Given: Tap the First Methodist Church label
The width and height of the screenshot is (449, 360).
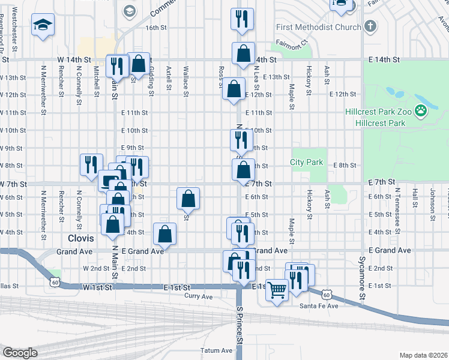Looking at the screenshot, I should pyautogui.click(x=319, y=27).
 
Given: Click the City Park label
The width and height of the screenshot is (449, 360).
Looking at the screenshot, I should pyautogui.click(x=306, y=162).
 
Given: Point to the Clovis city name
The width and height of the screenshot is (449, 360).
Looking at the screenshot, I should pyautogui.click(x=80, y=238).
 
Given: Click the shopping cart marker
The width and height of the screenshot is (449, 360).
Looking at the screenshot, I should pyautogui.click(x=277, y=290).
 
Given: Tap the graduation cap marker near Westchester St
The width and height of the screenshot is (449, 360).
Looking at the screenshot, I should pyautogui.click(x=43, y=25).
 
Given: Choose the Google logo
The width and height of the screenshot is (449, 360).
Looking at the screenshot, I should pyautogui.click(x=20, y=353).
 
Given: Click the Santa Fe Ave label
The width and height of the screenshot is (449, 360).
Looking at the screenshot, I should pyautogui.click(x=319, y=306).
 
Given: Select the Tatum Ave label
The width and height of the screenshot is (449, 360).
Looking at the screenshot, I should pyautogui.click(x=218, y=350).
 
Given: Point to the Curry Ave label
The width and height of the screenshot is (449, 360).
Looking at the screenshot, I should pyautogui.click(x=199, y=296).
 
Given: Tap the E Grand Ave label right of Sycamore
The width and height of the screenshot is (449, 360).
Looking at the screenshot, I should pyautogui.click(x=390, y=250).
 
